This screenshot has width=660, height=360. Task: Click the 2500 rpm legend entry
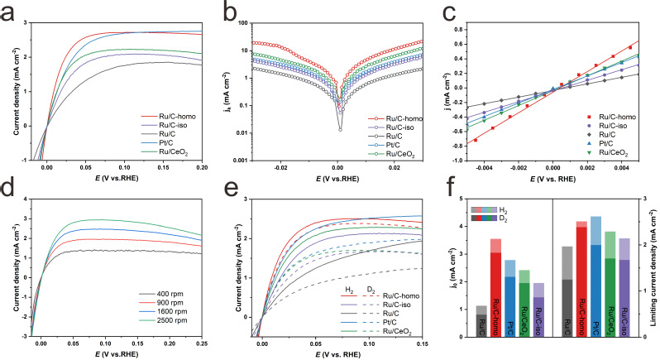(164, 326)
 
